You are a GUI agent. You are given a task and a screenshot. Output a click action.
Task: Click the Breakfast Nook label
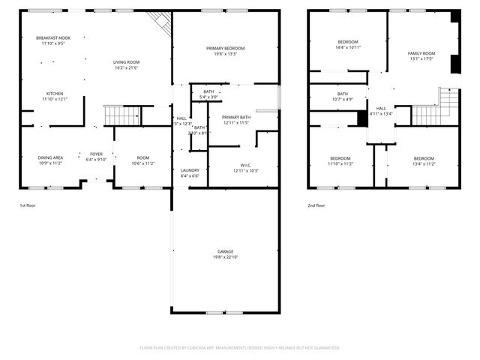55,37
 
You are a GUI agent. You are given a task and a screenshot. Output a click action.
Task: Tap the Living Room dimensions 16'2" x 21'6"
127,68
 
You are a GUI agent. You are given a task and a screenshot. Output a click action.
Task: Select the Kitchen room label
55,93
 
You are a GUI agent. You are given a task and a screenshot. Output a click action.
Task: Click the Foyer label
96,154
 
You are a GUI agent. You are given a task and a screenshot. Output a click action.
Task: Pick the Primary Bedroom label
225,48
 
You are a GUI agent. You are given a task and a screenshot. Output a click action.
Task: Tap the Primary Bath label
235,117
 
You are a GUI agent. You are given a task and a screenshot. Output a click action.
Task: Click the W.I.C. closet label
245,166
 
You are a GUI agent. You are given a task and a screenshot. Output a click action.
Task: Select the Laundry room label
190,170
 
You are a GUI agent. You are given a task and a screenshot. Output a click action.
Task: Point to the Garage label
225,251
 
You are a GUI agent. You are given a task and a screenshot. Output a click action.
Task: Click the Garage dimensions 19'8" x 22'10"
225,258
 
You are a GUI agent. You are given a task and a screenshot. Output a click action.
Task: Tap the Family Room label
421,53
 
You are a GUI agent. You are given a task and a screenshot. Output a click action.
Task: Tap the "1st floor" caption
27,205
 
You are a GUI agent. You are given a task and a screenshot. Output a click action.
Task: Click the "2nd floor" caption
316,205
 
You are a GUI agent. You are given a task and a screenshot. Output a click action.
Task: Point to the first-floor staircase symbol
121,115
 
